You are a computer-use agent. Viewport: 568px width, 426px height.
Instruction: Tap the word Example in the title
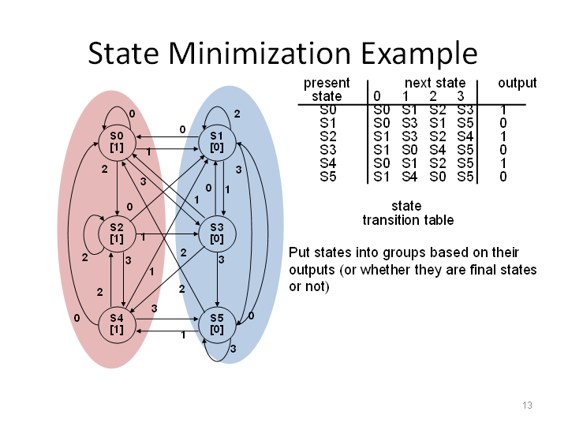tap(419, 54)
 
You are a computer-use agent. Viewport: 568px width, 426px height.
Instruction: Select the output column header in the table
tap(517, 83)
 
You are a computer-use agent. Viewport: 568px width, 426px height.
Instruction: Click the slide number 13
tap(527, 405)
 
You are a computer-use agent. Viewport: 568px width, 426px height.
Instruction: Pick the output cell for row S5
tap(503, 177)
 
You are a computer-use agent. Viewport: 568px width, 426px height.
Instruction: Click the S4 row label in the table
tap(328, 163)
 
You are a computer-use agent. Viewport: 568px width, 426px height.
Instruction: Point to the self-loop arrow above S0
tap(117, 106)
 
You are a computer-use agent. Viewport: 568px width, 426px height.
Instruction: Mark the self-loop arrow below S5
tap(218, 361)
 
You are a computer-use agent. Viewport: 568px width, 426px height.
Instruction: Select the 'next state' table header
tap(435, 83)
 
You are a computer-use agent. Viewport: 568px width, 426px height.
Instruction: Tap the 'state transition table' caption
tap(408, 213)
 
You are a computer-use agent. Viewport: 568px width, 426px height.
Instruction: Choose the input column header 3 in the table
tap(461, 96)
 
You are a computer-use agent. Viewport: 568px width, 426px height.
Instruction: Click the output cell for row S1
tap(503, 123)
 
